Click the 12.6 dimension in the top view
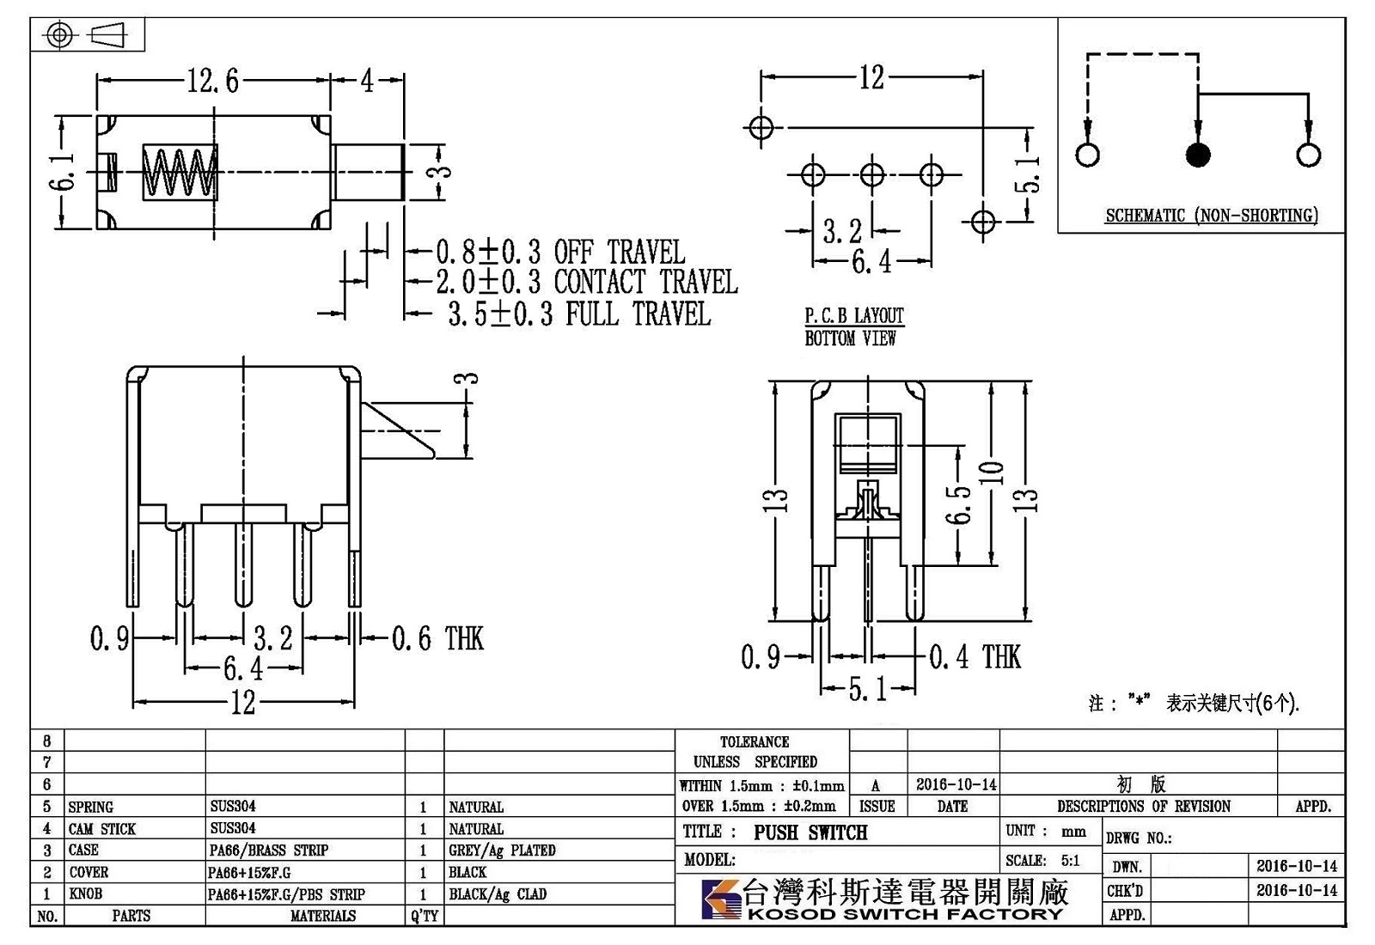[x=212, y=81]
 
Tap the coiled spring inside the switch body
[x=180, y=173]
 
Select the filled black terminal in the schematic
[x=1198, y=155]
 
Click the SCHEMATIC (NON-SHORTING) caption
[x=1211, y=216]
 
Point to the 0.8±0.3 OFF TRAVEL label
[x=560, y=252]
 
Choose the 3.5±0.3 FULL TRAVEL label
[x=579, y=314]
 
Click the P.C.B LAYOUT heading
[x=854, y=316]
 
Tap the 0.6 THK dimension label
[x=437, y=638]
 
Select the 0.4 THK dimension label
[x=975, y=656]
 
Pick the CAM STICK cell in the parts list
[x=102, y=829]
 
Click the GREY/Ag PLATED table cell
[x=502, y=850]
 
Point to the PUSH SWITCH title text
[x=810, y=832]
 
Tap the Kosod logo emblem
[x=721, y=899]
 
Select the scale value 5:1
[x=1070, y=860]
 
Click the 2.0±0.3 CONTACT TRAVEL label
[x=587, y=282]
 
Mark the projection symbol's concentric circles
[x=59, y=34]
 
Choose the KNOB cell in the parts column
[x=85, y=893]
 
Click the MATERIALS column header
[x=323, y=916]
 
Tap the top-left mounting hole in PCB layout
[x=761, y=128]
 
